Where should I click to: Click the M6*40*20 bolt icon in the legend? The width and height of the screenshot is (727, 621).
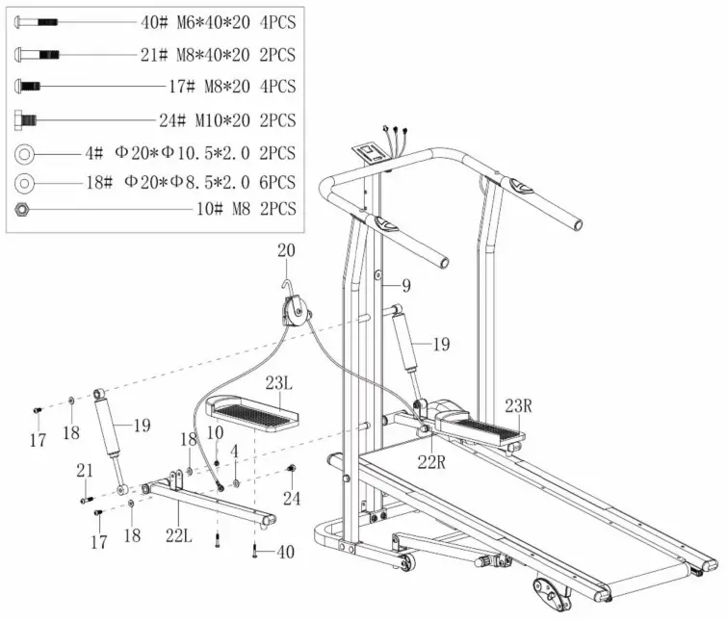pos(38,21)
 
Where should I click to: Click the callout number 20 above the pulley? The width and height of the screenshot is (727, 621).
pos(285,251)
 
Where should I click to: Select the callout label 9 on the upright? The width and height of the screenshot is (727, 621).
pos(406,285)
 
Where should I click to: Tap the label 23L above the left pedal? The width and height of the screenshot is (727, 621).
pos(279,383)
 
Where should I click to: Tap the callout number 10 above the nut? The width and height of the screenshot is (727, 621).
pos(218,434)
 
